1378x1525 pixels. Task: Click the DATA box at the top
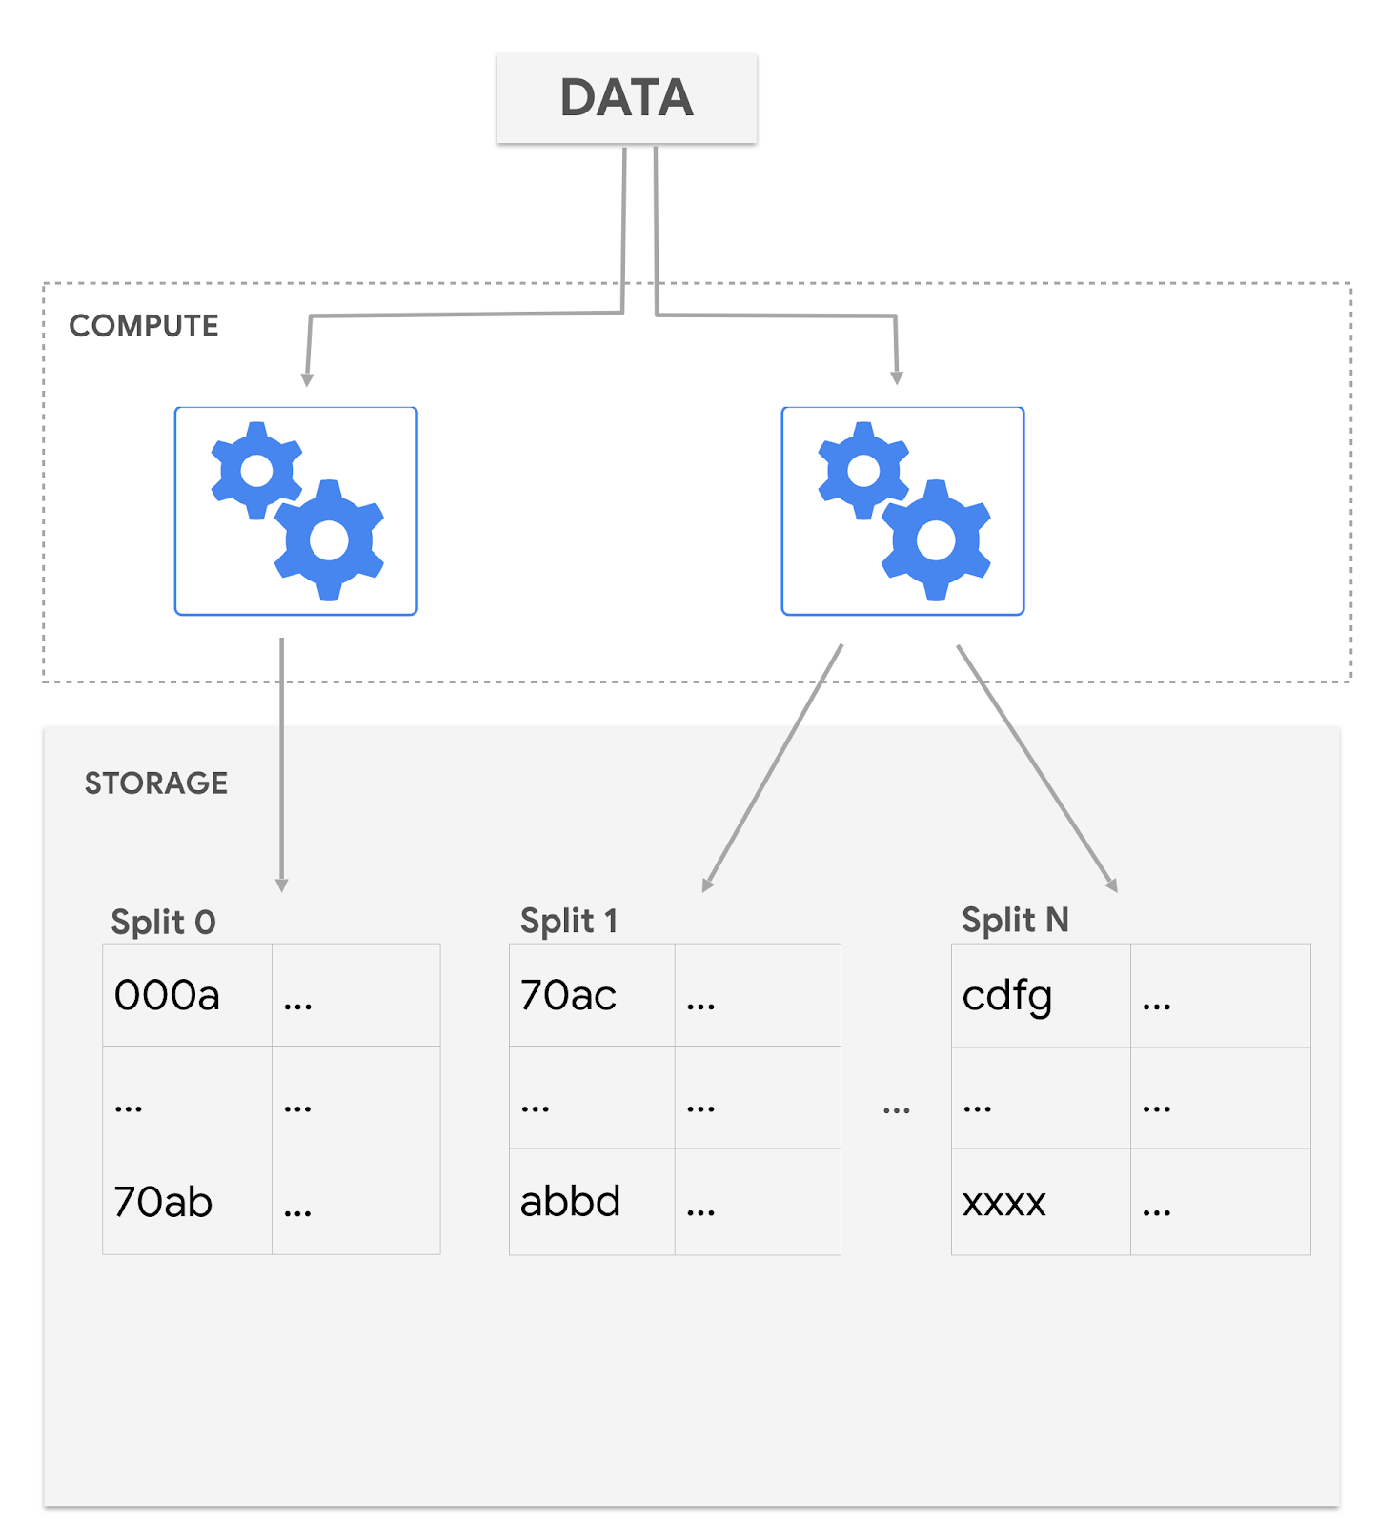point(626,98)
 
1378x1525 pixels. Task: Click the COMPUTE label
point(144,326)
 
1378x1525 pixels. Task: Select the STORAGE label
point(156,783)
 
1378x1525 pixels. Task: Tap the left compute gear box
point(295,511)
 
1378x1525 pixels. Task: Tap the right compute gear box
point(902,511)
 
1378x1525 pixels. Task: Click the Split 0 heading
point(163,922)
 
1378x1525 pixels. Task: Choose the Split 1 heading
point(569,921)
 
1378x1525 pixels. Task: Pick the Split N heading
point(1015,920)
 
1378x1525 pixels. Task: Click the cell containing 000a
point(187,995)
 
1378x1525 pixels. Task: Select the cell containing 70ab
point(187,1202)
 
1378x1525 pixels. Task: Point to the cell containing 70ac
point(591,995)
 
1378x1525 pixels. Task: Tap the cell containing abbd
point(591,1202)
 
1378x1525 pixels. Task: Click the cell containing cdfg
point(1040,996)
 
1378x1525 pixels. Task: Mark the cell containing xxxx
point(1040,1202)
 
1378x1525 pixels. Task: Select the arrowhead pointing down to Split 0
point(282,884)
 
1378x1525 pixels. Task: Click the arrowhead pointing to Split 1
point(707,884)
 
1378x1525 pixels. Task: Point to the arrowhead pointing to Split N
point(1111,884)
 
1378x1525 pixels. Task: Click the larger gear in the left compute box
point(329,540)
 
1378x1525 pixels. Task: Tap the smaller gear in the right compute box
point(863,470)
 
